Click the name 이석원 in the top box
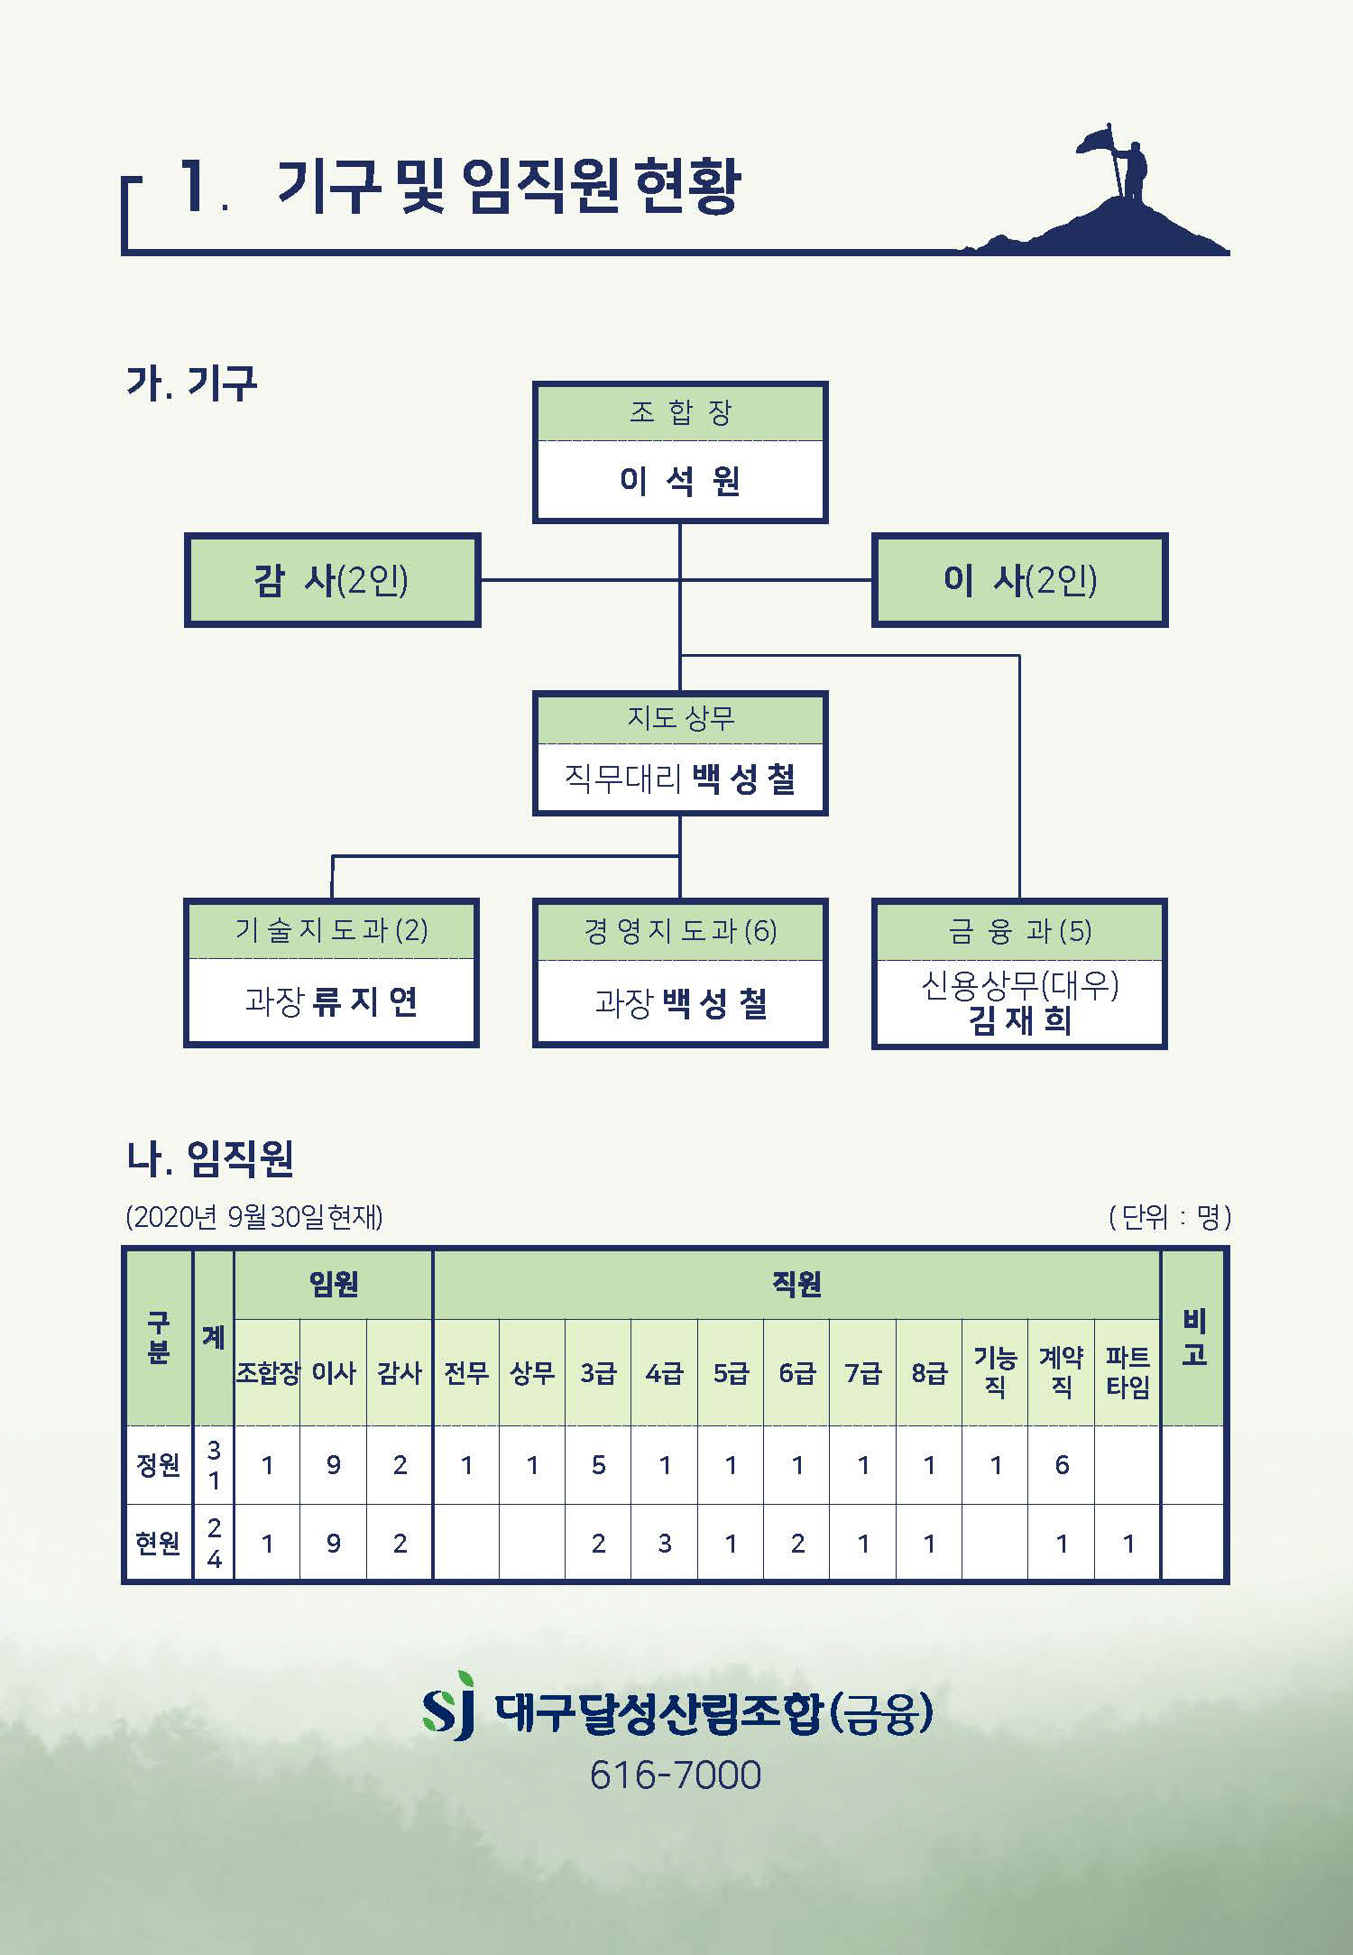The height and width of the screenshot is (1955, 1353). [679, 482]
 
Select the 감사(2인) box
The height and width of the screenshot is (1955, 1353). [332, 580]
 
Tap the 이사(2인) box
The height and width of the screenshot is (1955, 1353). [1019, 580]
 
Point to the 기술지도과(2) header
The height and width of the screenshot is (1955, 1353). [331, 930]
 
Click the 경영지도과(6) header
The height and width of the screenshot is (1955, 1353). [680, 930]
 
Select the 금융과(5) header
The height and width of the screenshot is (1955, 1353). [1019, 930]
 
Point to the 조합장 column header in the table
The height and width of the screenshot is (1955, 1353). [267, 1373]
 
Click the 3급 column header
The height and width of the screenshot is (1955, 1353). [598, 1373]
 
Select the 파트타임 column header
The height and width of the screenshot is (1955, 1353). [1127, 1372]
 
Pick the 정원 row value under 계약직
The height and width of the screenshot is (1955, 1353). [1062, 1465]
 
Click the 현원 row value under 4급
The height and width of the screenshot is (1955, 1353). [665, 1544]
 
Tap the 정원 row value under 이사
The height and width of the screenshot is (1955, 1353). [334, 1465]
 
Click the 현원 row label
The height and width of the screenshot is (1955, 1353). [158, 1544]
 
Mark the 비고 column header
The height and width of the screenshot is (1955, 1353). [1194, 1338]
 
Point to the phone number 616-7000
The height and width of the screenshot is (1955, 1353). [676, 1775]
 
